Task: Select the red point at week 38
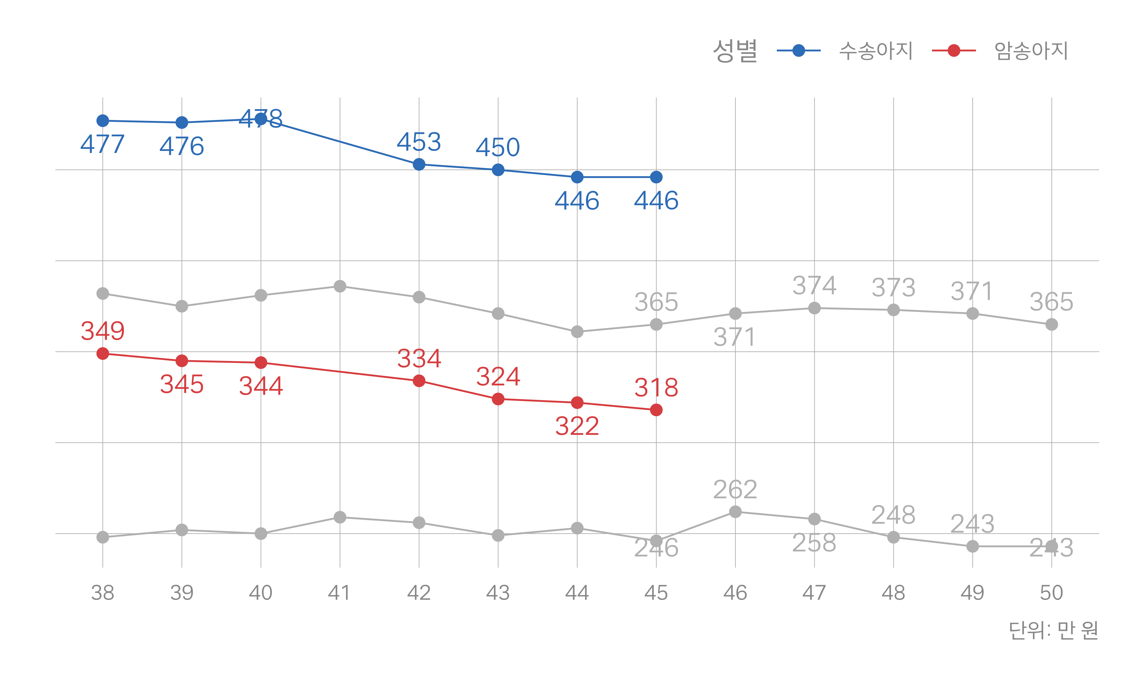[103, 354]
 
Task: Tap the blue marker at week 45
[656, 177]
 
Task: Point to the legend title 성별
[735, 50]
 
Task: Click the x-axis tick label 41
[340, 593]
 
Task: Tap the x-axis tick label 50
[1052, 593]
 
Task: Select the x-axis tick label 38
[103, 593]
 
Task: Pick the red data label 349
[103, 331]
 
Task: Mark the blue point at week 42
[419, 164]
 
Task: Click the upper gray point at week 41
[340, 286]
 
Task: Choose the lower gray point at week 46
[735, 512]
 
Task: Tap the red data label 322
[577, 426]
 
